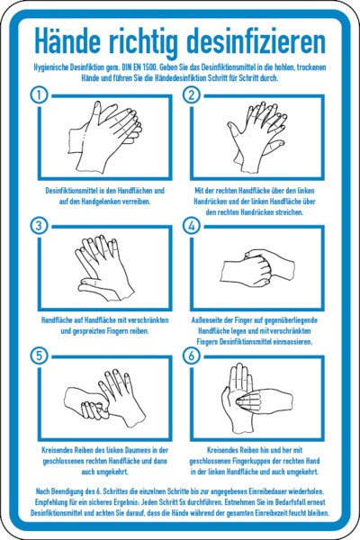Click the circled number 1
point(40,94)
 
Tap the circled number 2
point(192,94)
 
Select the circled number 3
point(40,225)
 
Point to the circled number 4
point(192,225)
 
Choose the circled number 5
point(40,355)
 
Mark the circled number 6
point(192,355)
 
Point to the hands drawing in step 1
point(105,137)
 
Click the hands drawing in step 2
point(256,137)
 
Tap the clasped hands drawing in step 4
point(257,267)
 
